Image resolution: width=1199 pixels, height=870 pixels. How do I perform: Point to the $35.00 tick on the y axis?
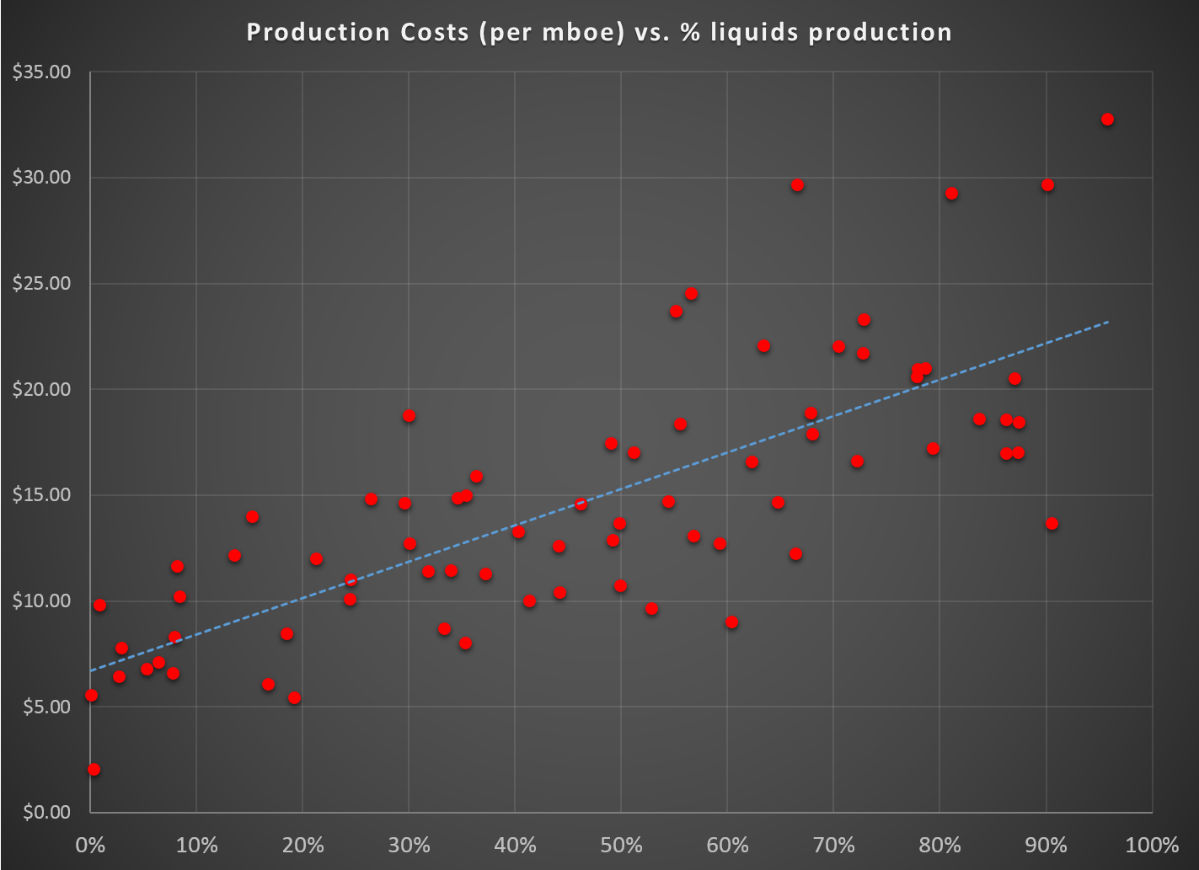(x=41, y=72)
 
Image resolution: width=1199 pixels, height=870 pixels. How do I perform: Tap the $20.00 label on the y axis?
(x=41, y=389)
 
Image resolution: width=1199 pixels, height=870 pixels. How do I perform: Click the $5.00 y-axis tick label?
(x=46, y=707)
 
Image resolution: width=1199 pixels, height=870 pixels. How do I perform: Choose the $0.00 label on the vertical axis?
(x=46, y=813)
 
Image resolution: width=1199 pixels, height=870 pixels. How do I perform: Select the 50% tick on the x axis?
(x=622, y=845)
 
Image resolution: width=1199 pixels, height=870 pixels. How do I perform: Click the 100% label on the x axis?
(x=1153, y=845)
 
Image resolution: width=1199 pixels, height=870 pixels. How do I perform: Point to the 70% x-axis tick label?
(x=834, y=845)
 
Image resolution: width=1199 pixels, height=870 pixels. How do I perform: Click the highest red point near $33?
(x=1107, y=120)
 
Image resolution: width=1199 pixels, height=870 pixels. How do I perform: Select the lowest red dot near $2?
(x=94, y=770)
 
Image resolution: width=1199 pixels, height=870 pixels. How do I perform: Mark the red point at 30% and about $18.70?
(x=409, y=416)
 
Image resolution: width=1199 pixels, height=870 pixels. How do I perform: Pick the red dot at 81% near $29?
(x=951, y=194)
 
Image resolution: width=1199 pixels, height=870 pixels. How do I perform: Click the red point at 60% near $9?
(x=731, y=622)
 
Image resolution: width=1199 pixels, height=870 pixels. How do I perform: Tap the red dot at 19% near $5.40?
(x=294, y=698)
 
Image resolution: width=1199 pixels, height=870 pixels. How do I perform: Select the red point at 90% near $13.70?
(x=1052, y=524)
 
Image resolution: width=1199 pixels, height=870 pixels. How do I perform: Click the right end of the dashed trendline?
(x=1108, y=322)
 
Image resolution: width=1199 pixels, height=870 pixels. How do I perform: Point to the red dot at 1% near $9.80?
(x=99, y=606)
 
